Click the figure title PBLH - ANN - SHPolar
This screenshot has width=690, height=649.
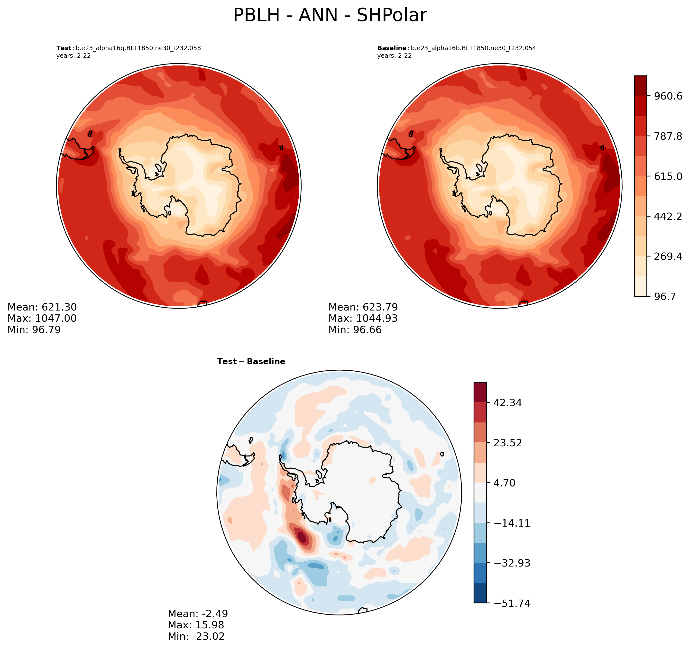click(330, 16)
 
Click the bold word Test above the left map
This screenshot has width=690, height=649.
click(64, 48)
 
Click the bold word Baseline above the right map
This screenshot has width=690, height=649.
click(392, 48)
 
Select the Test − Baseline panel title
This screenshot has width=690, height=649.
click(251, 362)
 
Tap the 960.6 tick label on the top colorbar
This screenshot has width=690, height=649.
click(668, 96)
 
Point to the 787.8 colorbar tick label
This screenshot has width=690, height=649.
click(668, 136)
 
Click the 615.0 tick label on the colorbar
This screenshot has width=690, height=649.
click(668, 176)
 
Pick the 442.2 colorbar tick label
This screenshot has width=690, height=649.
click(668, 217)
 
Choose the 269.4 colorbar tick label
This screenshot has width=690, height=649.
click(668, 256)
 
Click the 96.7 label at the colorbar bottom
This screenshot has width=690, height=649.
click(665, 297)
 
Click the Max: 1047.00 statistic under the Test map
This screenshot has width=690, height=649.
click(42, 319)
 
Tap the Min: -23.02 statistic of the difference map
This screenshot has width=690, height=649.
click(196, 637)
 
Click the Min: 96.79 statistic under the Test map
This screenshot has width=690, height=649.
click(34, 330)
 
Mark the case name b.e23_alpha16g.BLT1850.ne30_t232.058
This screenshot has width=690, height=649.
click(138, 48)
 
